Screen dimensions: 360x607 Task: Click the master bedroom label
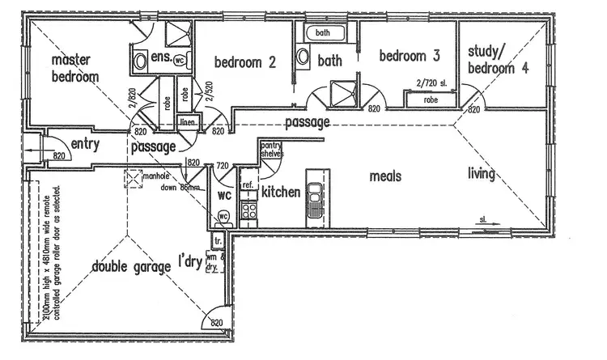(x=75, y=69)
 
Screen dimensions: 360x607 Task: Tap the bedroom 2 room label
(x=245, y=62)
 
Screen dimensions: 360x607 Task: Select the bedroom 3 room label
(x=409, y=57)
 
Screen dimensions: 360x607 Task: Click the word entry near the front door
(x=85, y=143)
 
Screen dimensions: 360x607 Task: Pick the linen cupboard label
(x=188, y=122)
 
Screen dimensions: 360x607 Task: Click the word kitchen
(x=281, y=193)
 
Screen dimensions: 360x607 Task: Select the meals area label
(x=386, y=176)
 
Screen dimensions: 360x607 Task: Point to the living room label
(x=481, y=173)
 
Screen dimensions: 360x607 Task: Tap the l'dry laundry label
(x=192, y=263)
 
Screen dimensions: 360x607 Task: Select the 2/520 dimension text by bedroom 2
(x=209, y=93)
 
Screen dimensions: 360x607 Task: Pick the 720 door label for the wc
(x=222, y=164)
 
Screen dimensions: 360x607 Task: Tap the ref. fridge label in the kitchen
(x=248, y=185)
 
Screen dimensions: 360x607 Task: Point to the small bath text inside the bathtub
(x=323, y=33)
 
